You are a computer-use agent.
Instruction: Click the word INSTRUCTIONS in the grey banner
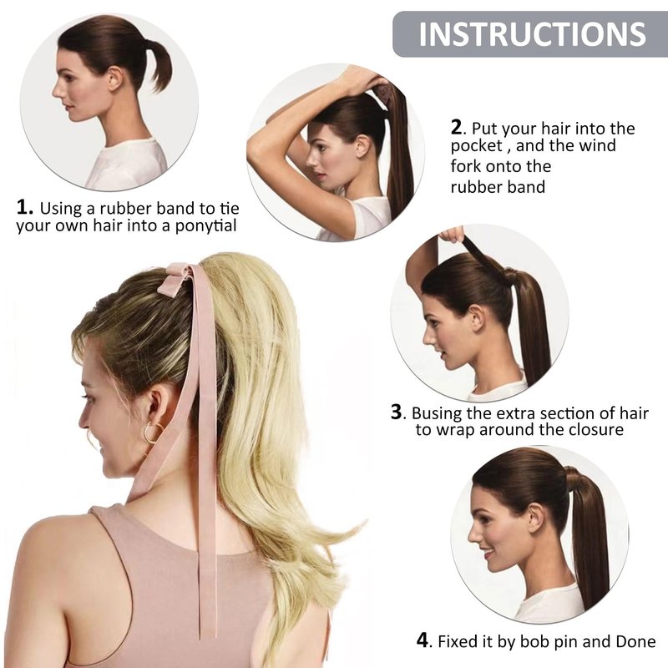[x=533, y=34]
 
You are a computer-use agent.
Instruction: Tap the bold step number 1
[x=25, y=207]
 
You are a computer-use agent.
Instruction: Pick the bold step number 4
[x=423, y=640]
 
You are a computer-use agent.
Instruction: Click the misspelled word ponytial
[x=205, y=225]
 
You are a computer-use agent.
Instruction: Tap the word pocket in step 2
[x=477, y=145]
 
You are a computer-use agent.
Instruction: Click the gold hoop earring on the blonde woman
[x=154, y=433]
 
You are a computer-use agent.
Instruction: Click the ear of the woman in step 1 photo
[x=114, y=78]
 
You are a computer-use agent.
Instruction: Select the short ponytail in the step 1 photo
[x=157, y=64]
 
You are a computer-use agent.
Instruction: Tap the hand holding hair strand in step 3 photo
[x=453, y=234]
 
